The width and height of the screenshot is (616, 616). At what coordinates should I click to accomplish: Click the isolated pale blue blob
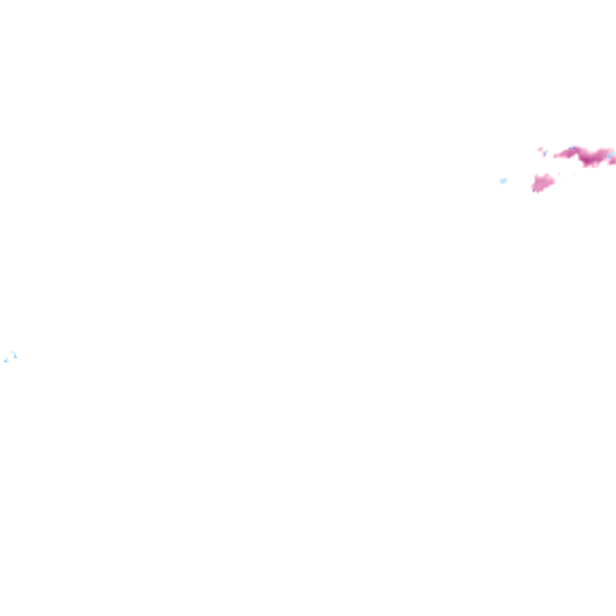[503, 180]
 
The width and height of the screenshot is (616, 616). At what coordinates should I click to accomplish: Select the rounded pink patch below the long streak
[542, 183]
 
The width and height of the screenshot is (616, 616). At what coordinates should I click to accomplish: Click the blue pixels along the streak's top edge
[573, 147]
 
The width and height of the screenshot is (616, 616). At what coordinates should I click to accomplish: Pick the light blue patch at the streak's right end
[609, 155]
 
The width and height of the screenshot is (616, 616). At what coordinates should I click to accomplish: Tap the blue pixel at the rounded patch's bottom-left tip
[533, 191]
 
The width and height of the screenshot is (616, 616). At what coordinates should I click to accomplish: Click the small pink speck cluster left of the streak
[543, 151]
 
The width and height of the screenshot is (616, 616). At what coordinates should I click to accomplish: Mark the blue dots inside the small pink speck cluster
[544, 153]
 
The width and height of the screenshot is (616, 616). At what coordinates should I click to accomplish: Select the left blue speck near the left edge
[6, 360]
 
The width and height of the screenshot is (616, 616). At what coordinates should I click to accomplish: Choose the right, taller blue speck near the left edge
[14, 355]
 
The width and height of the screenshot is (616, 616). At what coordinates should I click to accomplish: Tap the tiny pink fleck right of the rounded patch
[560, 174]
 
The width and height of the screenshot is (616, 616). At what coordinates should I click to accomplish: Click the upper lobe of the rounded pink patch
[546, 177]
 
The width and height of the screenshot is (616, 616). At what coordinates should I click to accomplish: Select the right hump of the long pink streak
[602, 153]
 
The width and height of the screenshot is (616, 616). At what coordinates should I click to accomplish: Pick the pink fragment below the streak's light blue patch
[612, 162]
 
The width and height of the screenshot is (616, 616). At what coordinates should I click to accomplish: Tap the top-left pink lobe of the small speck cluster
[540, 149]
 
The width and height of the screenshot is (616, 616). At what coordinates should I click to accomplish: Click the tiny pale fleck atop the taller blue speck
[12, 352]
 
